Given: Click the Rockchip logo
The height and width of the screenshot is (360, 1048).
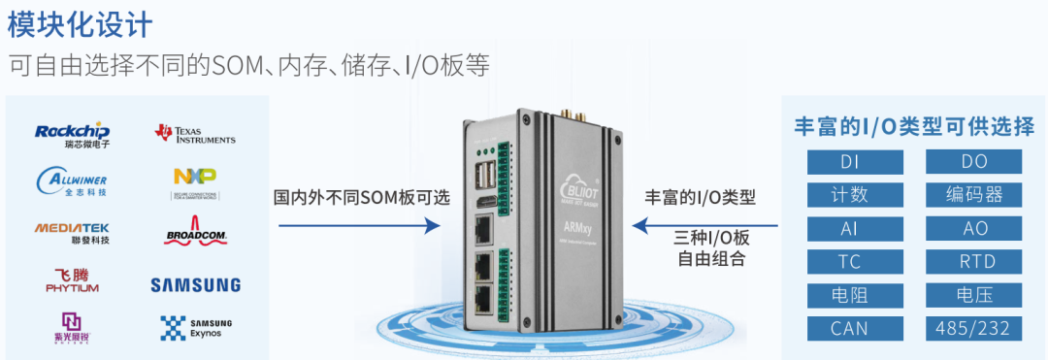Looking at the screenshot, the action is (73, 134).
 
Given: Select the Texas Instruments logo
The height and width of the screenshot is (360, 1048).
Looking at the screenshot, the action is (195, 134).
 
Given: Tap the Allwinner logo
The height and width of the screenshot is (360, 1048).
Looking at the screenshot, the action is (73, 180).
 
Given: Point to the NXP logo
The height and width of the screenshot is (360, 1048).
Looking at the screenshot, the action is (195, 180).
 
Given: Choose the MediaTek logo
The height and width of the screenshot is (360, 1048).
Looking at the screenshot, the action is (73, 232).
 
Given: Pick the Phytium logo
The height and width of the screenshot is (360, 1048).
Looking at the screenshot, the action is (73, 280).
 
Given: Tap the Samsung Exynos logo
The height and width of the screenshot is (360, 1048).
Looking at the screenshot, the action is (195, 327).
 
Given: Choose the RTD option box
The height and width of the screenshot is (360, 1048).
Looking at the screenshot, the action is (974, 261).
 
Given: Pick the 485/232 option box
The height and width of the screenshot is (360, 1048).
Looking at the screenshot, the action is (974, 328).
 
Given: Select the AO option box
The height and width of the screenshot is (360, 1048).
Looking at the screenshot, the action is (974, 228).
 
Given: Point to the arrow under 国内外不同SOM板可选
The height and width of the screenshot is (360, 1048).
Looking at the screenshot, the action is (360, 226).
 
